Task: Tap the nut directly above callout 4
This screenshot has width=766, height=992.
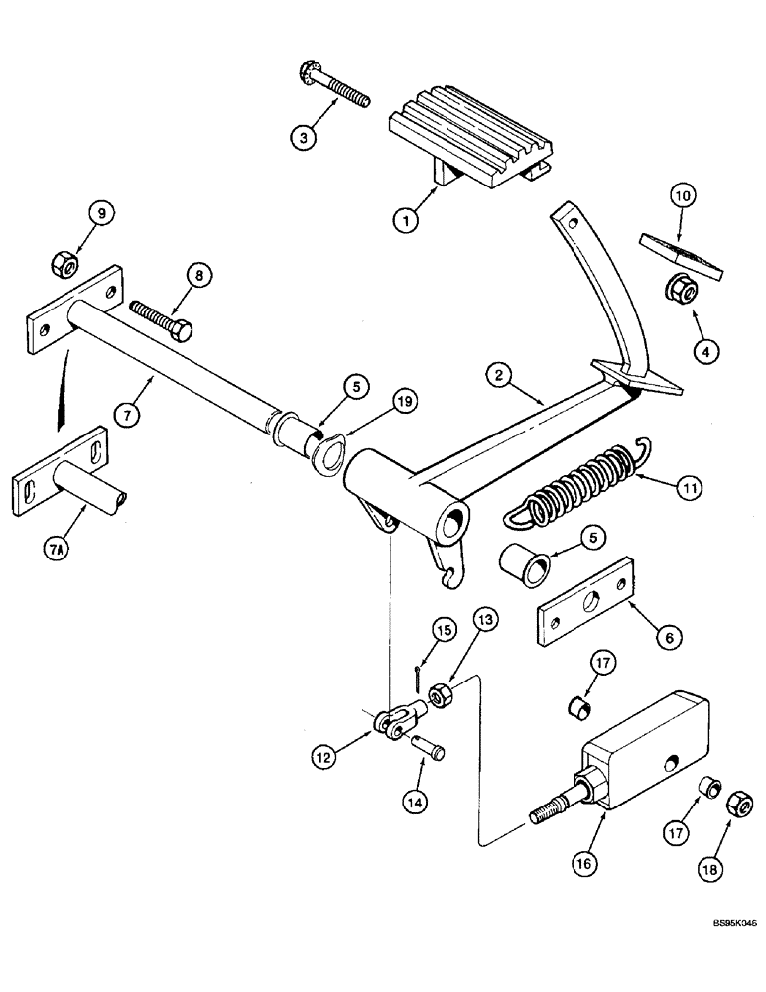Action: pos(683,289)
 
